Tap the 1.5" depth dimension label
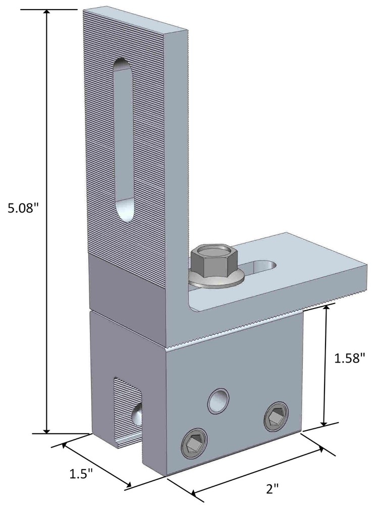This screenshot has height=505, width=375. click(81, 474)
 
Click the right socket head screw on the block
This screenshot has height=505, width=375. click(276, 418)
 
